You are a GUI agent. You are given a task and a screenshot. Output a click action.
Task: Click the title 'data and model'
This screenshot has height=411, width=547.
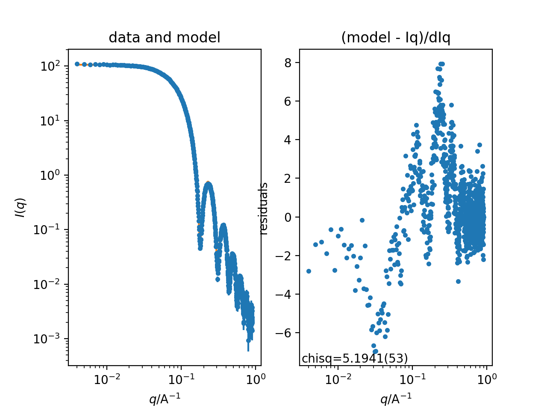(x=165, y=38)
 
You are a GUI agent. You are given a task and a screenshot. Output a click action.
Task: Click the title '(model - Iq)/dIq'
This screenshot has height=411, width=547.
(x=396, y=38)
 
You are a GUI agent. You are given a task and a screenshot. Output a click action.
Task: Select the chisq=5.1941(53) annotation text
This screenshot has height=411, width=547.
(x=355, y=358)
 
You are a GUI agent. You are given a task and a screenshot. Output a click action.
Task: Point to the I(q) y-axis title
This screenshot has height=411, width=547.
(x=21, y=207)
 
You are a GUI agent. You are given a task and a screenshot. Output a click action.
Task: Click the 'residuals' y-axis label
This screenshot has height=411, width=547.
(x=264, y=208)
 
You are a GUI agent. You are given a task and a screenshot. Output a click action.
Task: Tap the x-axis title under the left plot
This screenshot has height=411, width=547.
(x=165, y=399)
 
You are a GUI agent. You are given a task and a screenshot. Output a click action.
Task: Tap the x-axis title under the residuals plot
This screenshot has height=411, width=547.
(x=396, y=399)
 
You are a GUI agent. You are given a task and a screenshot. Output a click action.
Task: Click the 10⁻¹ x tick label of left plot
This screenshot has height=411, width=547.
(x=181, y=379)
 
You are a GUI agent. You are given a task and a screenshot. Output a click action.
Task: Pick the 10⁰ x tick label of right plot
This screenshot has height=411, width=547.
(x=486, y=379)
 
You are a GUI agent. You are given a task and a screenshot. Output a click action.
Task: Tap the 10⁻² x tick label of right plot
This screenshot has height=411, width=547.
(x=338, y=379)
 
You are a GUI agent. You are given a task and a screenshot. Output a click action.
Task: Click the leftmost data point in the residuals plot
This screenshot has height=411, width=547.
(x=309, y=271)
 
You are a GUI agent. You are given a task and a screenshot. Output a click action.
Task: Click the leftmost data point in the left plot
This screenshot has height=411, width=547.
(x=77, y=64)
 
